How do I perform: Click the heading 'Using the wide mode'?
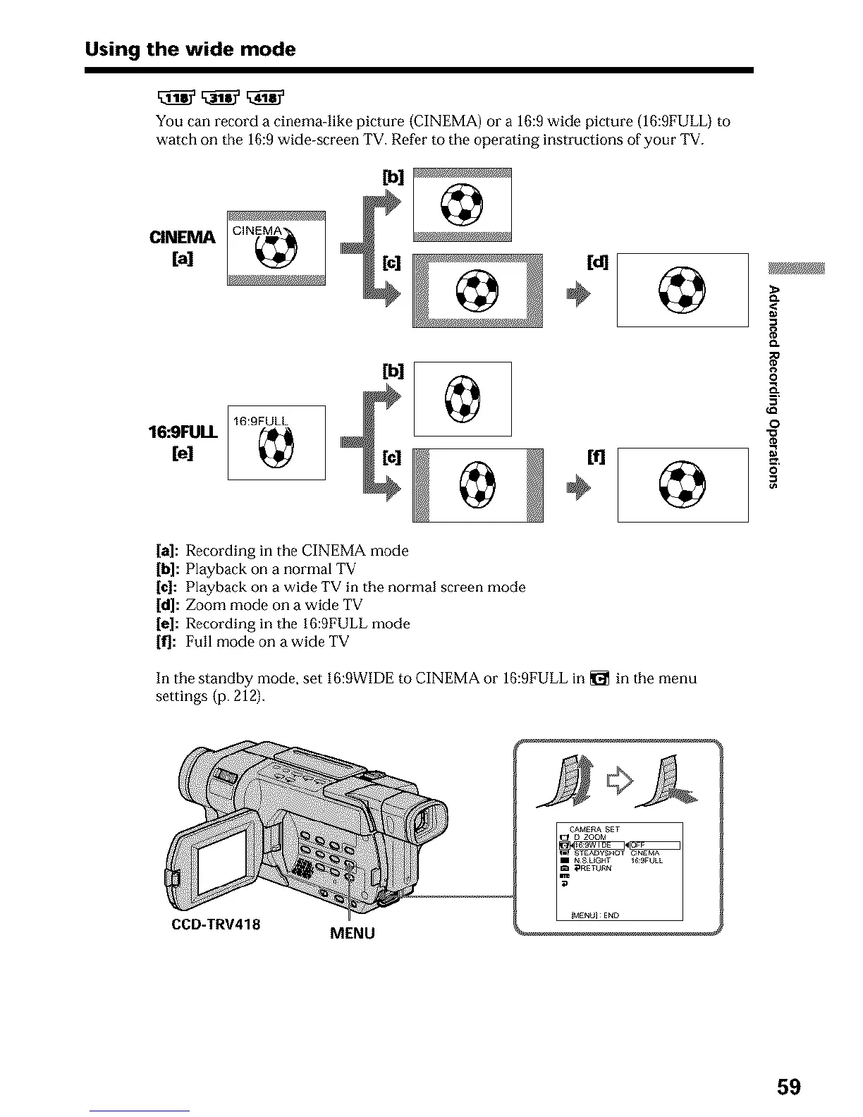pyautogui.click(x=190, y=49)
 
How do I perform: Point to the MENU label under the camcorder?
pyautogui.click(x=353, y=934)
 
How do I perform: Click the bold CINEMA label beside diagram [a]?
pyautogui.click(x=182, y=237)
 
